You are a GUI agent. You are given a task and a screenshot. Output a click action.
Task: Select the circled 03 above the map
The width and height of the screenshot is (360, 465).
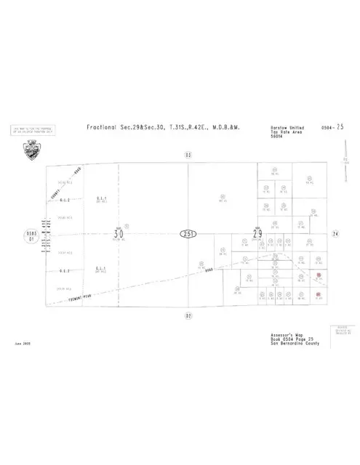tap(188, 155)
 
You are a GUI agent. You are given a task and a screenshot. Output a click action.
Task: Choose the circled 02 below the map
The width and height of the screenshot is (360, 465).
tap(188, 316)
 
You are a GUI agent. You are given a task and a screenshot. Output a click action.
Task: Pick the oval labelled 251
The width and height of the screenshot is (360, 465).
tap(188, 234)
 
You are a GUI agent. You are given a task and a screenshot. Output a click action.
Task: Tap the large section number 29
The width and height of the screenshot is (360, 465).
tap(257, 234)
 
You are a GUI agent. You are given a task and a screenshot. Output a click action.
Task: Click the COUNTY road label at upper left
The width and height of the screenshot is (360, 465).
tap(65, 189)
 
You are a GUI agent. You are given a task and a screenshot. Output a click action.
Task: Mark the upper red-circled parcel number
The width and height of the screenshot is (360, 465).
tap(319, 275)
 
